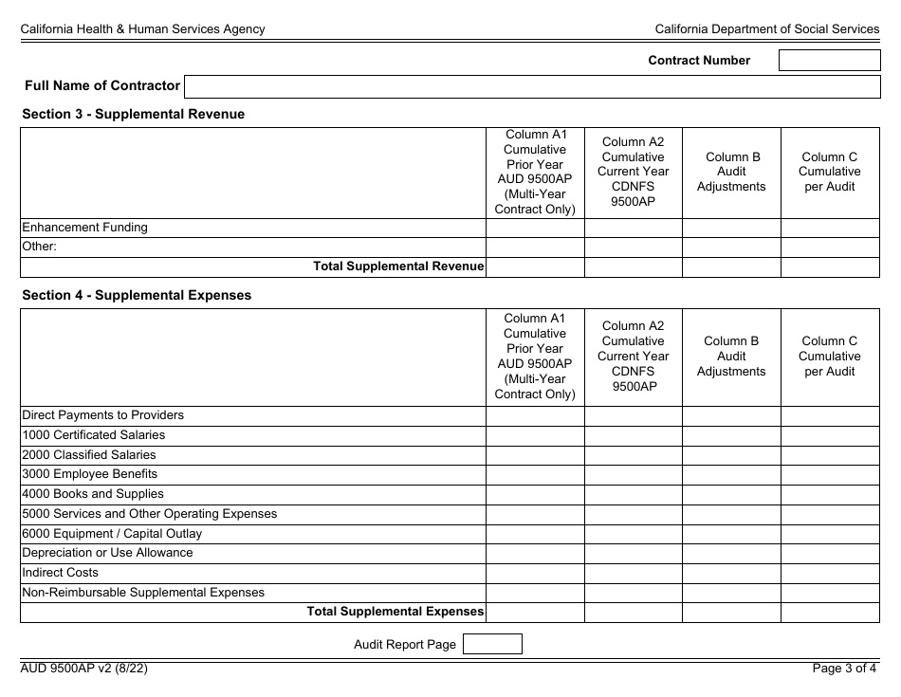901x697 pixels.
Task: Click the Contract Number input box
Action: [829, 61]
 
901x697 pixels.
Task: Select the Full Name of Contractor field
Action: [532, 86]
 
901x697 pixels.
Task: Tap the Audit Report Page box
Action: [491, 645]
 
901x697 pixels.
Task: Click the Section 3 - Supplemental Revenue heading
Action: [133, 114]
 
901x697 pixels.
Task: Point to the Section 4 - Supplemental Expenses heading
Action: [137, 295]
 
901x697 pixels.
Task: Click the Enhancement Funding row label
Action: [84, 228]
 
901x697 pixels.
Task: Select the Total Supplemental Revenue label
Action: [398, 266]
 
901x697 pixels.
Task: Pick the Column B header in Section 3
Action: [731, 172]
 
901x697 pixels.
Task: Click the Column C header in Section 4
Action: [829, 356]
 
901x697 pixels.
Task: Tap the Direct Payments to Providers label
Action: [102, 415]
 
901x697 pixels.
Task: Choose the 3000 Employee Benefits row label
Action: [89, 474]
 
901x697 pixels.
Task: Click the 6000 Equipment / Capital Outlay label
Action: [112, 534]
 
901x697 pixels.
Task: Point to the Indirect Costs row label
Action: [60, 573]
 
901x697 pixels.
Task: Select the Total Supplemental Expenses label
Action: [395, 613]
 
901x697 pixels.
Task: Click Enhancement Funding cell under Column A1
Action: [535, 228]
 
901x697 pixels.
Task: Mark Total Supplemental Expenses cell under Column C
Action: [830, 613]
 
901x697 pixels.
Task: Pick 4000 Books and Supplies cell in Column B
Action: [731, 494]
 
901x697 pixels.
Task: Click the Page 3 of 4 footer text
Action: [844, 669]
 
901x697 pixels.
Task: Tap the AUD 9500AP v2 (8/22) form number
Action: [84, 669]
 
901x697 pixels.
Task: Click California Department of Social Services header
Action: [766, 29]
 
